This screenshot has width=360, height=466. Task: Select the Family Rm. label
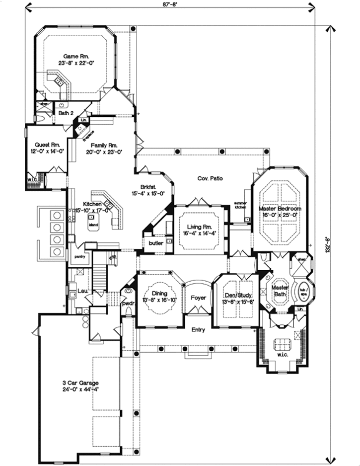pos(104,146)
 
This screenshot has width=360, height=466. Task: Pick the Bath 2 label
pos(66,113)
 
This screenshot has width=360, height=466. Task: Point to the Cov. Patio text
pos(209,178)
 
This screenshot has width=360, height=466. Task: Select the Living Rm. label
pos(198,227)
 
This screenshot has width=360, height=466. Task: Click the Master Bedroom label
pos(280,209)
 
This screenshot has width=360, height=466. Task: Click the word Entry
pos(199,330)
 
